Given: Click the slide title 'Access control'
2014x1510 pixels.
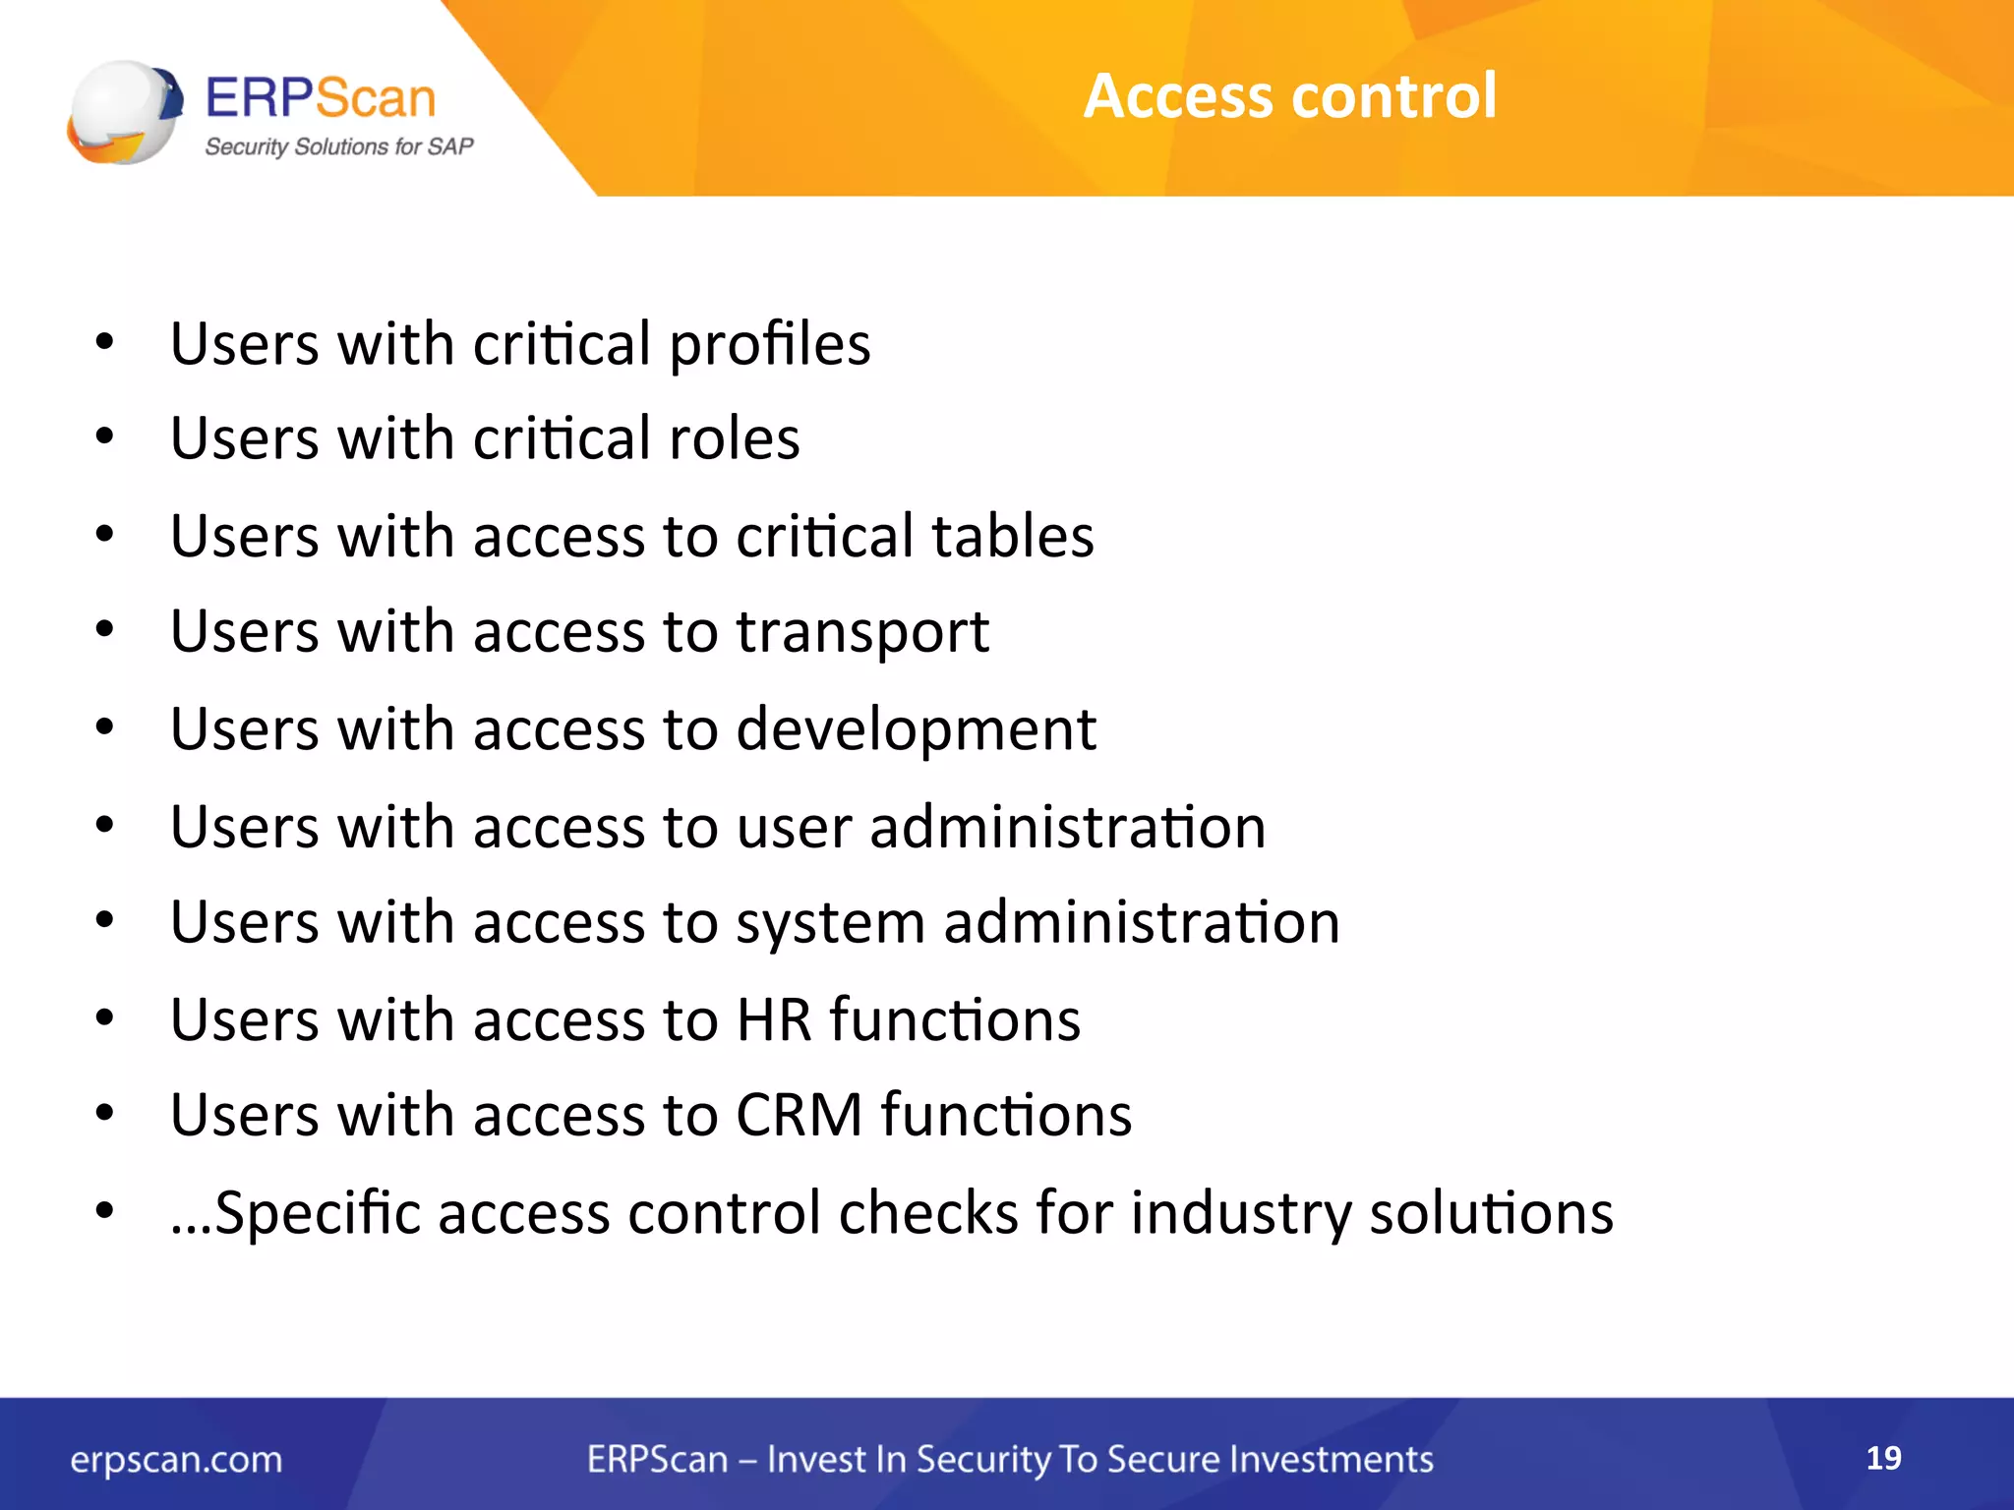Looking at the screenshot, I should click(1289, 96).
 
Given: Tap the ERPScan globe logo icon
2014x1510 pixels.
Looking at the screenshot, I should click(124, 112).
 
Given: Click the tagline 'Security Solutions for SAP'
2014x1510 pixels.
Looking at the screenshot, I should click(338, 147).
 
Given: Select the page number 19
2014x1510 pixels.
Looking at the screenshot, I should click(1883, 1457).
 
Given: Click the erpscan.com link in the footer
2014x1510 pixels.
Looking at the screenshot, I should click(176, 1460).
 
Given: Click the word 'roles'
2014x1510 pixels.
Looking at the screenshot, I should click(734, 438).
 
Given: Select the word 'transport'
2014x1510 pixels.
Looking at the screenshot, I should click(862, 633).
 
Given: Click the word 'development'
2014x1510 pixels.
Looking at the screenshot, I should click(916, 729).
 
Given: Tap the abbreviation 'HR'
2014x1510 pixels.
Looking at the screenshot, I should click(774, 1019).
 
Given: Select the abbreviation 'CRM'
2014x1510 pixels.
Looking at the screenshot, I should click(799, 1116).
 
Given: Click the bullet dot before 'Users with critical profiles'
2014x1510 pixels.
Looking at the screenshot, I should click(104, 343).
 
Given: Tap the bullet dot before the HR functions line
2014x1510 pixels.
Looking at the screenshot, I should click(104, 1017).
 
